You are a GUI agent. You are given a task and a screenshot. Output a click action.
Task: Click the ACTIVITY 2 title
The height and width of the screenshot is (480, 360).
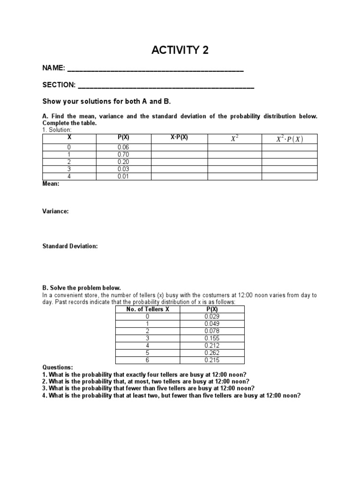180,51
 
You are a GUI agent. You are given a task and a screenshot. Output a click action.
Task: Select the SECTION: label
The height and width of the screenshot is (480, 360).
59,85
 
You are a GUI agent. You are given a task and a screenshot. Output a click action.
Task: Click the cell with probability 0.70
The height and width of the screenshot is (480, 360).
124,154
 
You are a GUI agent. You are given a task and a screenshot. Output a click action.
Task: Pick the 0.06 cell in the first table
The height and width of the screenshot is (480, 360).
124,147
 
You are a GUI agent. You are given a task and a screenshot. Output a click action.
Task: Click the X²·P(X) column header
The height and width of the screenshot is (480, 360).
289,139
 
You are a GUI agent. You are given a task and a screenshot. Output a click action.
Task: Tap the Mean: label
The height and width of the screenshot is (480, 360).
51,184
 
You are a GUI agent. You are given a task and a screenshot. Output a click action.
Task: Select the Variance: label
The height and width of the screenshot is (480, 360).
55,211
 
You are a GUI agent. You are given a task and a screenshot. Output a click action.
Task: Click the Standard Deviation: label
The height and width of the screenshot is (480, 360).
70,246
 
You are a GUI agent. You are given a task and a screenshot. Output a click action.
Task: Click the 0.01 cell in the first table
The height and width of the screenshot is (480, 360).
124,176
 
